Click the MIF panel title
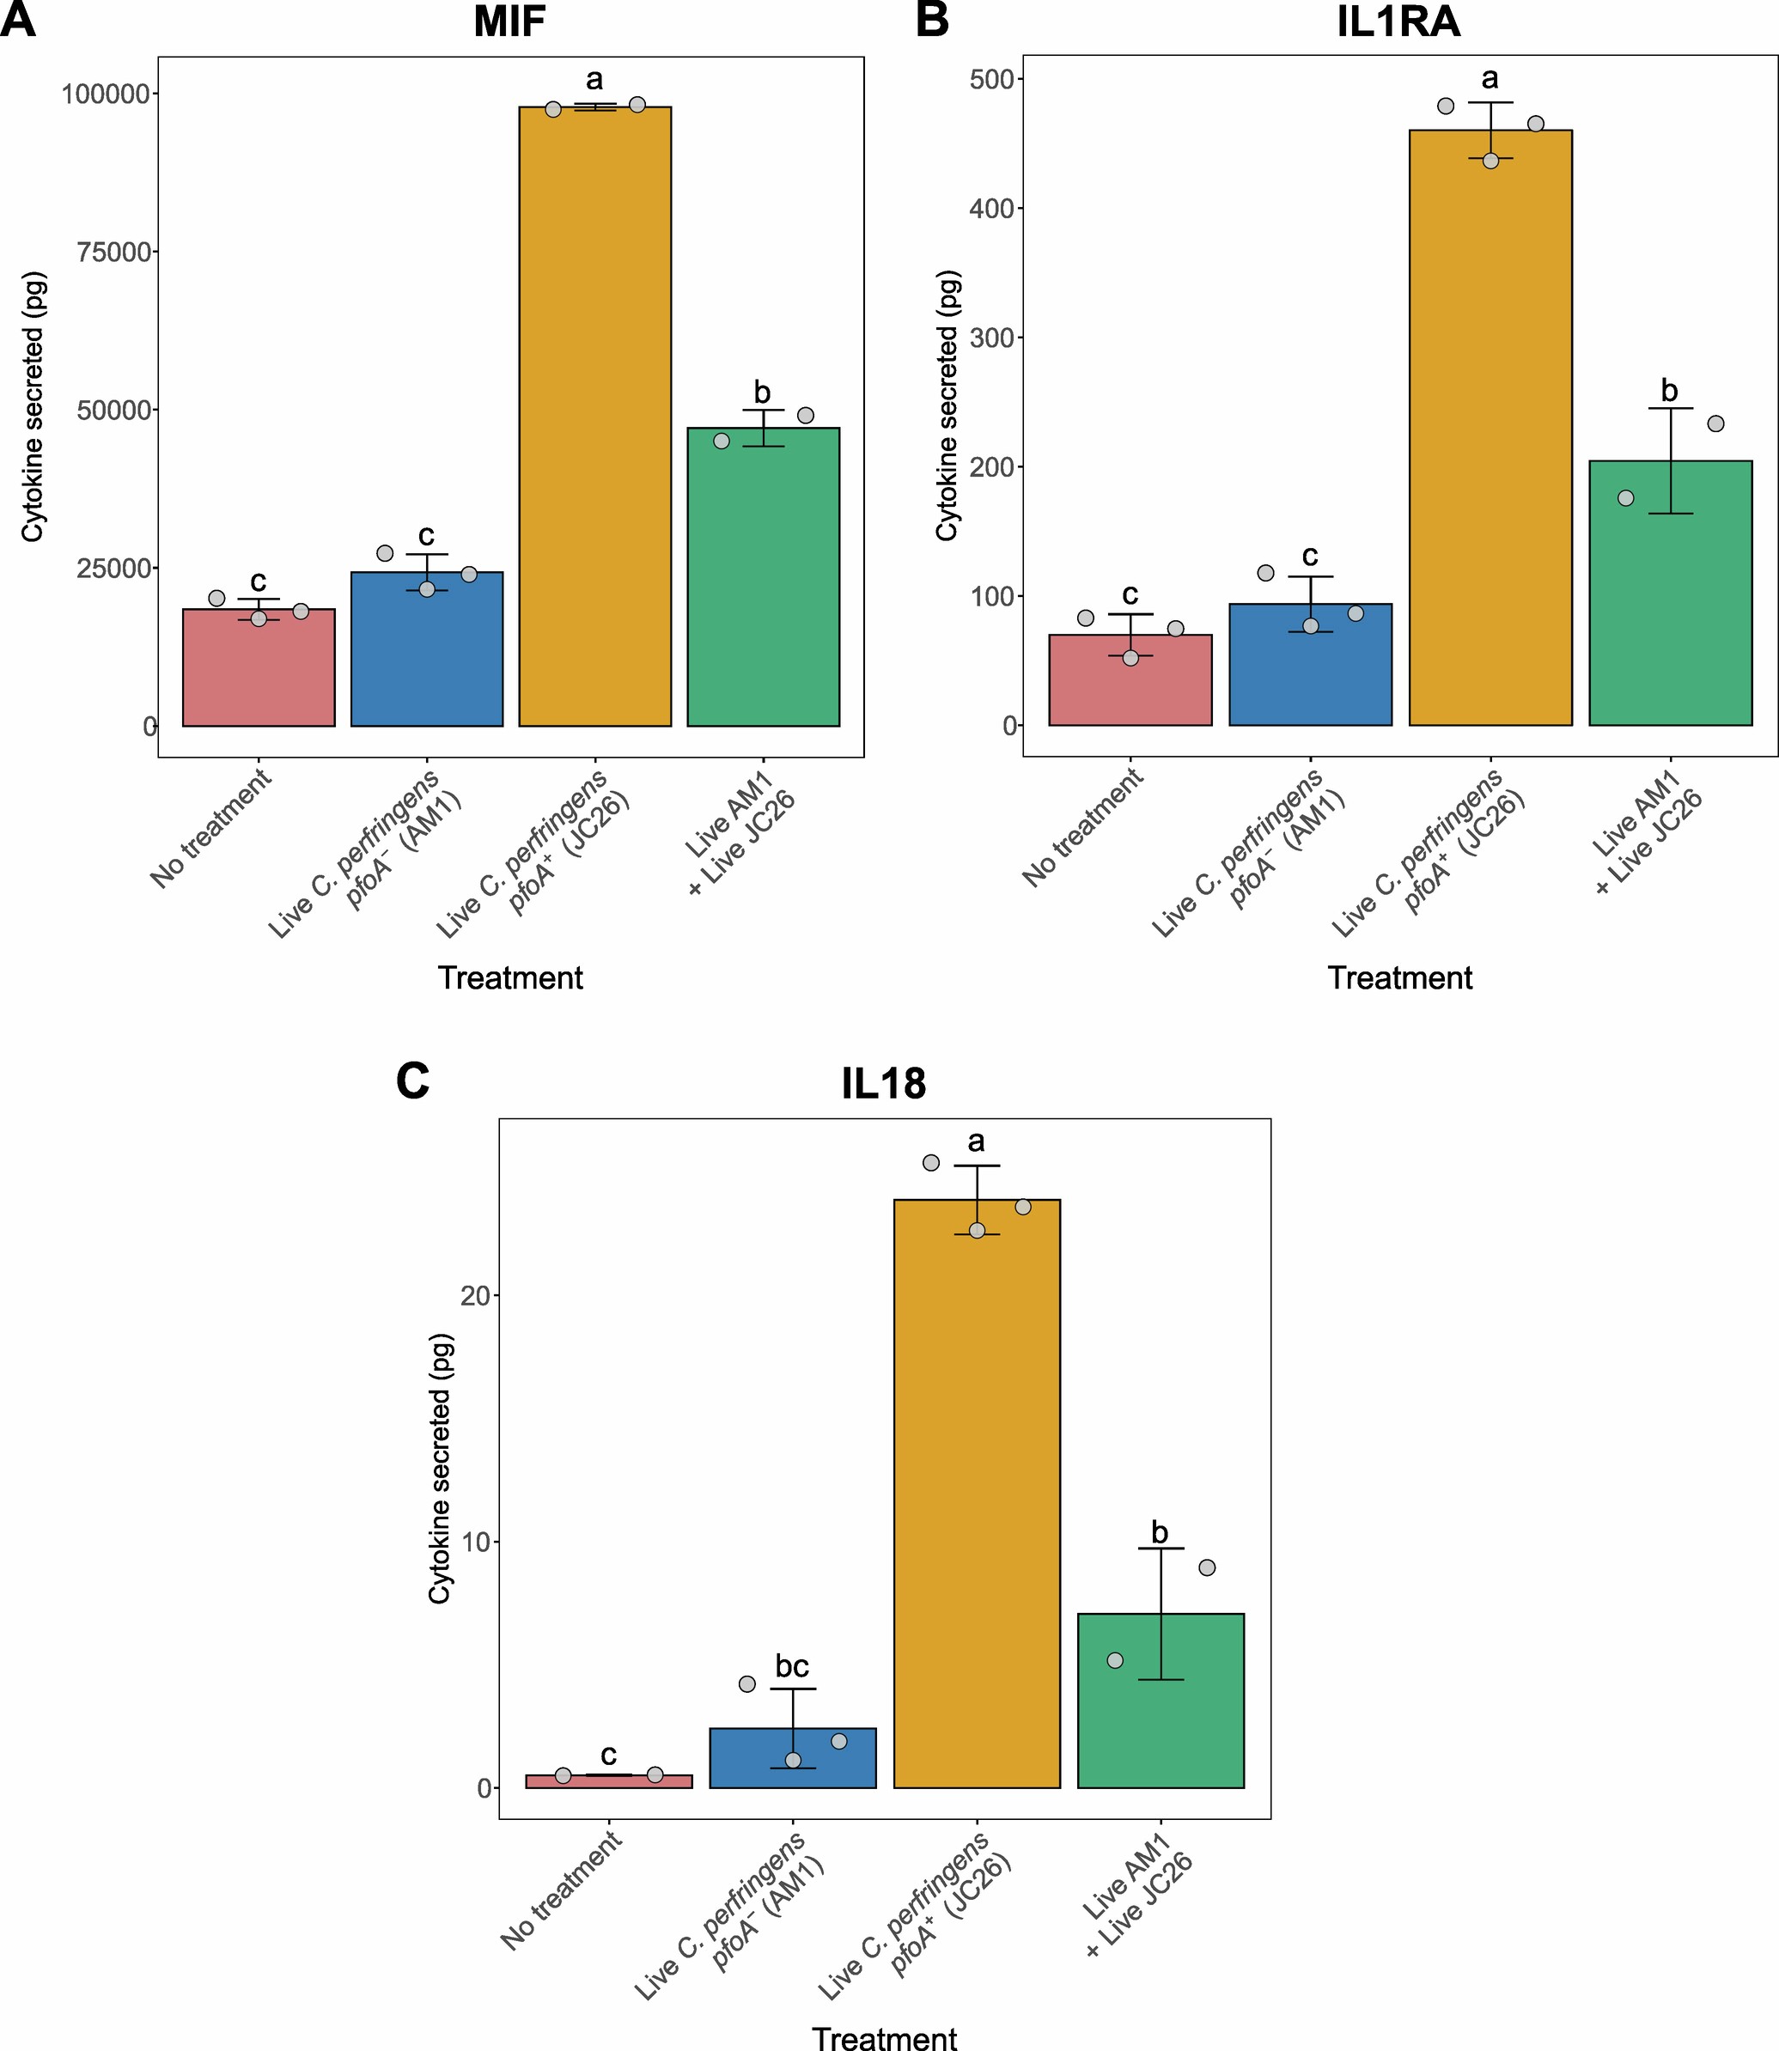tap(509, 21)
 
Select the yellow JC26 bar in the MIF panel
tap(594, 417)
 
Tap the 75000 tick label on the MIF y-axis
tap(114, 253)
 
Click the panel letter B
tap(931, 20)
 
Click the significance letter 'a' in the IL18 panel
tap(976, 1142)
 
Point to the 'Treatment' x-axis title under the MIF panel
tap(510, 978)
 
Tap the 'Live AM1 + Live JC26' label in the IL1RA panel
tap(1648, 834)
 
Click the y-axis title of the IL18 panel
tap(440, 1469)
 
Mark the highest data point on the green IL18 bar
tap(1206, 1567)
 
